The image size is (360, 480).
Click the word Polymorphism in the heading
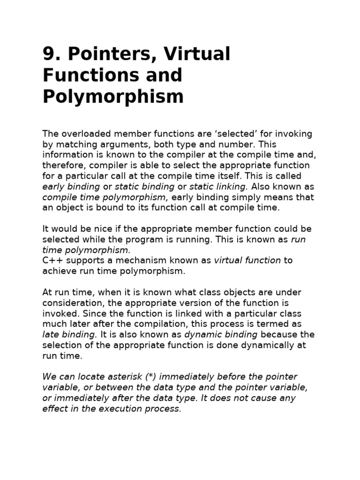click(113, 97)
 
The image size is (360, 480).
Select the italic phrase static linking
click(218, 187)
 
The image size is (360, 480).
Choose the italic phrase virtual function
click(247, 261)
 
